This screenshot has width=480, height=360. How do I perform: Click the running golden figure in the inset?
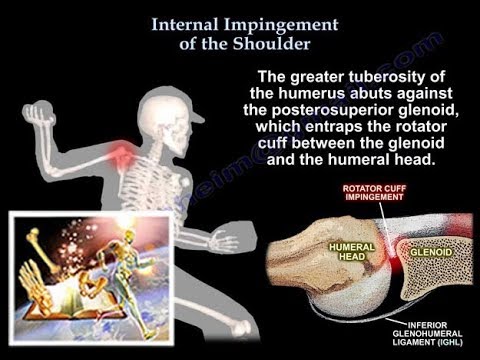coord(129,255)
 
